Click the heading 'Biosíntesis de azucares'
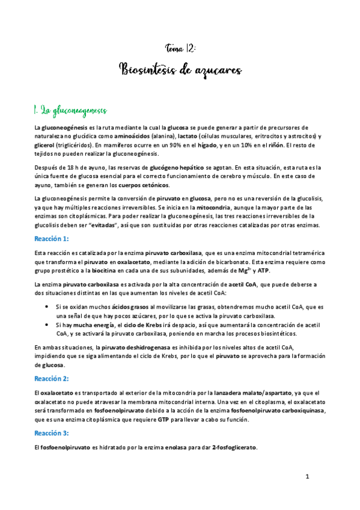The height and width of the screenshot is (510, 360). (x=180, y=70)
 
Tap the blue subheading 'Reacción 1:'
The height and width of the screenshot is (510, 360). (x=52, y=239)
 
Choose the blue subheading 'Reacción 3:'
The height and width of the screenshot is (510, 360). (x=52, y=433)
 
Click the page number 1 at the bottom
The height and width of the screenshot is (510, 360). (x=307, y=477)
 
